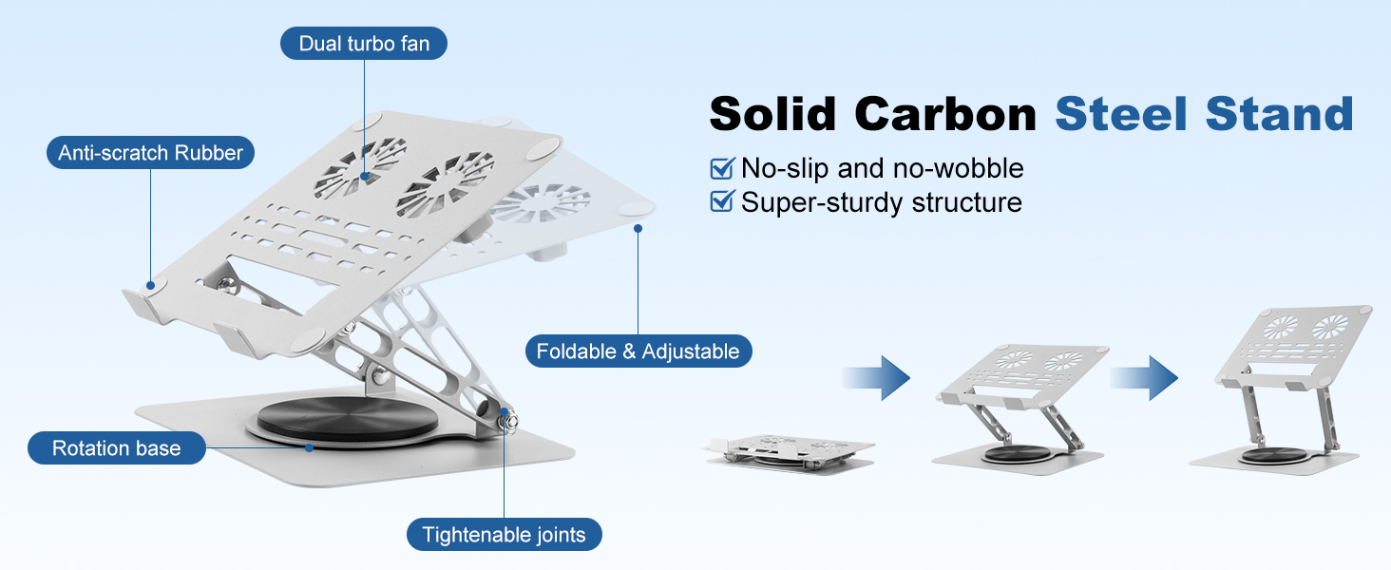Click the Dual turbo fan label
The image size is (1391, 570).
pos(364,44)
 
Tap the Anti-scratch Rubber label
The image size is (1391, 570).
pos(150,153)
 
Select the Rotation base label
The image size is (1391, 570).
pos(117,448)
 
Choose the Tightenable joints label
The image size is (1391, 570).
pos(505,535)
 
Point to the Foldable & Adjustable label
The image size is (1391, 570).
pos(638,351)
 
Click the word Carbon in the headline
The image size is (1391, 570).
pos(945,115)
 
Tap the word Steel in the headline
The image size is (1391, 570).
pos(1121,115)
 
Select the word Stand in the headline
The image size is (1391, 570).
pos(1279,115)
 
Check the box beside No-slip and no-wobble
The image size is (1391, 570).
pos(721,168)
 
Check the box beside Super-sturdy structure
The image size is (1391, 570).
pos(721,201)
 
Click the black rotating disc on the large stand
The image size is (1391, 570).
pos(348,419)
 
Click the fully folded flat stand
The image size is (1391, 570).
pos(789,452)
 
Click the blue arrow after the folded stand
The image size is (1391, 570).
pos(876,377)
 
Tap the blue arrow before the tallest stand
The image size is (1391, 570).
pos(1144,377)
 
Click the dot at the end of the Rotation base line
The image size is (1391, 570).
pos(309,447)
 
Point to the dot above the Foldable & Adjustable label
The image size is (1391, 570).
pos(638,229)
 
